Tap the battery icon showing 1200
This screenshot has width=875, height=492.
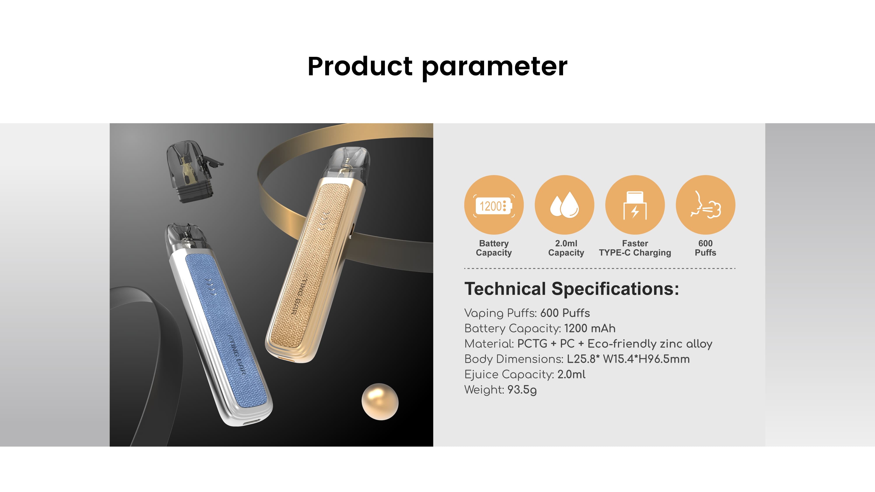(493, 205)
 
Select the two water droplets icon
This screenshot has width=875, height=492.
(564, 205)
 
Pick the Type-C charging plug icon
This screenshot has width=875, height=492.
(635, 205)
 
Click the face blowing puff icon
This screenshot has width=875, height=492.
(705, 205)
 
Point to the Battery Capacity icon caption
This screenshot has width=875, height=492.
(493, 248)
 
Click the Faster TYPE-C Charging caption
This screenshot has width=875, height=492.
(635, 248)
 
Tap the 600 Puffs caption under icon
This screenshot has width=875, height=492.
(705, 248)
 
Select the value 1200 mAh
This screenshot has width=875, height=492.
(590, 329)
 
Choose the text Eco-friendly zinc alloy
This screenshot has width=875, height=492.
(650, 344)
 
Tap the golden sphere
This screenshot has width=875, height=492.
(380, 402)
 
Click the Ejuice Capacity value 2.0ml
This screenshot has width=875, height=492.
(571, 375)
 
